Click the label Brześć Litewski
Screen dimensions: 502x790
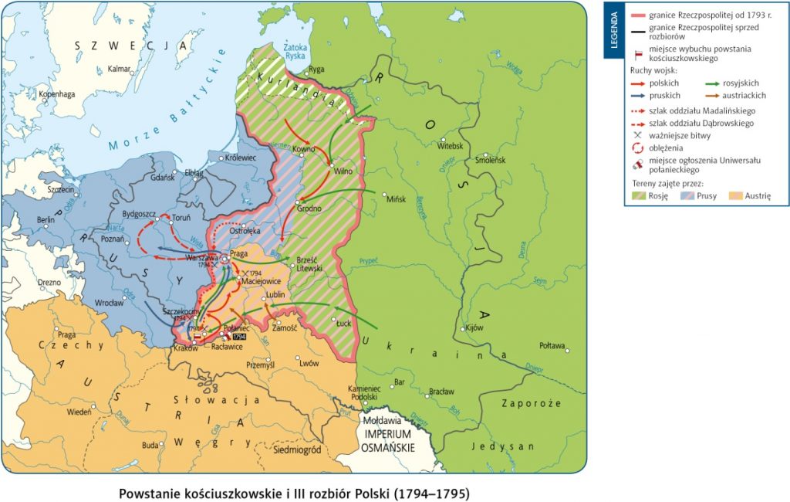[311, 264]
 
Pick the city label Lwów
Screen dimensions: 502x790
[309, 362]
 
